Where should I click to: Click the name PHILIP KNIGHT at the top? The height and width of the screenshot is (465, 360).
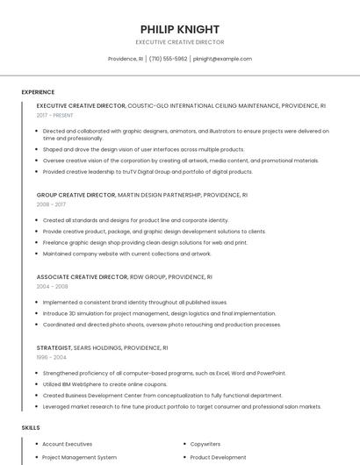pos(180,29)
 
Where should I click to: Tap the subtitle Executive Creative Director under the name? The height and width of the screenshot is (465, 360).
pos(180,42)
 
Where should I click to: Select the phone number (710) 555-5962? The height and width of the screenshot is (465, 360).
pos(168,59)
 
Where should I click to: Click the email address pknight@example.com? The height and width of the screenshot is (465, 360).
pos(222,59)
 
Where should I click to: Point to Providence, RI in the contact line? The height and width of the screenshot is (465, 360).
pos(126,59)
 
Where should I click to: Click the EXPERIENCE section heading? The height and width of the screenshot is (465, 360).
pos(38,92)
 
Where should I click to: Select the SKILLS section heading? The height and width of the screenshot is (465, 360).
pos(30,427)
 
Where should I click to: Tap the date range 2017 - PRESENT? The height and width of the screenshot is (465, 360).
pos(55,115)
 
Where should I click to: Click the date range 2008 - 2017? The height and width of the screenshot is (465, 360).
pos(51,204)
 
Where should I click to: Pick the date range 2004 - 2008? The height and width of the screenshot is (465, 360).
pos(52,286)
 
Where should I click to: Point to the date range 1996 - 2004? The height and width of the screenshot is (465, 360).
pos(51,357)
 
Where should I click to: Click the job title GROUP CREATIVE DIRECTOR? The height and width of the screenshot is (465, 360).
pos(76,195)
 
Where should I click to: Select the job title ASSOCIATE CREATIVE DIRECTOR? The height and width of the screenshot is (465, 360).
pos(82,276)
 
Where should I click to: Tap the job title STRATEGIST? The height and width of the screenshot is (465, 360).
pos(54,347)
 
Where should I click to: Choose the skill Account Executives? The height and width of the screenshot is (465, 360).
pos(67,444)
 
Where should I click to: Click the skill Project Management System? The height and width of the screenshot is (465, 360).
pos(79,457)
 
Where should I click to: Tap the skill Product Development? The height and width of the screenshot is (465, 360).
pos(218,457)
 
